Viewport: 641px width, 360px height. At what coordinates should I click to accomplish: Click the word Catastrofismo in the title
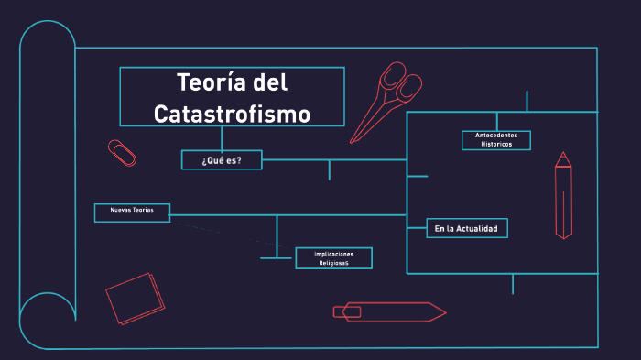tap(232, 114)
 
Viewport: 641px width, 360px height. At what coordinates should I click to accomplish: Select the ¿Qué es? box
tap(222, 160)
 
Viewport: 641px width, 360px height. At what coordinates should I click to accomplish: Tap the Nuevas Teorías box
tap(132, 213)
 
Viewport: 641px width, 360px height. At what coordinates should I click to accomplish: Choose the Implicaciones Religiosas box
tap(333, 258)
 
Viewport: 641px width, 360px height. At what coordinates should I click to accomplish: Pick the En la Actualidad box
tap(466, 228)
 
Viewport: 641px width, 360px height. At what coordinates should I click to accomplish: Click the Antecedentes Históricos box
tap(495, 140)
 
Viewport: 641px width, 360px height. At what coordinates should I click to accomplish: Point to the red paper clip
tap(121, 153)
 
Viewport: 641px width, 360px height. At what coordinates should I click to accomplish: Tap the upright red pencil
tap(563, 197)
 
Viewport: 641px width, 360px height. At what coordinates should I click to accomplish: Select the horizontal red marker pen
tap(388, 312)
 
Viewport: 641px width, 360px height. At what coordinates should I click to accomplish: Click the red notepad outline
tap(135, 298)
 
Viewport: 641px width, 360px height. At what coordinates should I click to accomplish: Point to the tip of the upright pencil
tap(563, 158)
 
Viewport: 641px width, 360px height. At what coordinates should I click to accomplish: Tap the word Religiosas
tap(333, 264)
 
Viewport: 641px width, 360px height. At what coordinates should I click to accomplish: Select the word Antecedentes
tap(495, 136)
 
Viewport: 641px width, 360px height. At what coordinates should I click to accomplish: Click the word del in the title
tap(269, 82)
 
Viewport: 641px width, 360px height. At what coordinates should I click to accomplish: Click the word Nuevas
tap(121, 211)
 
